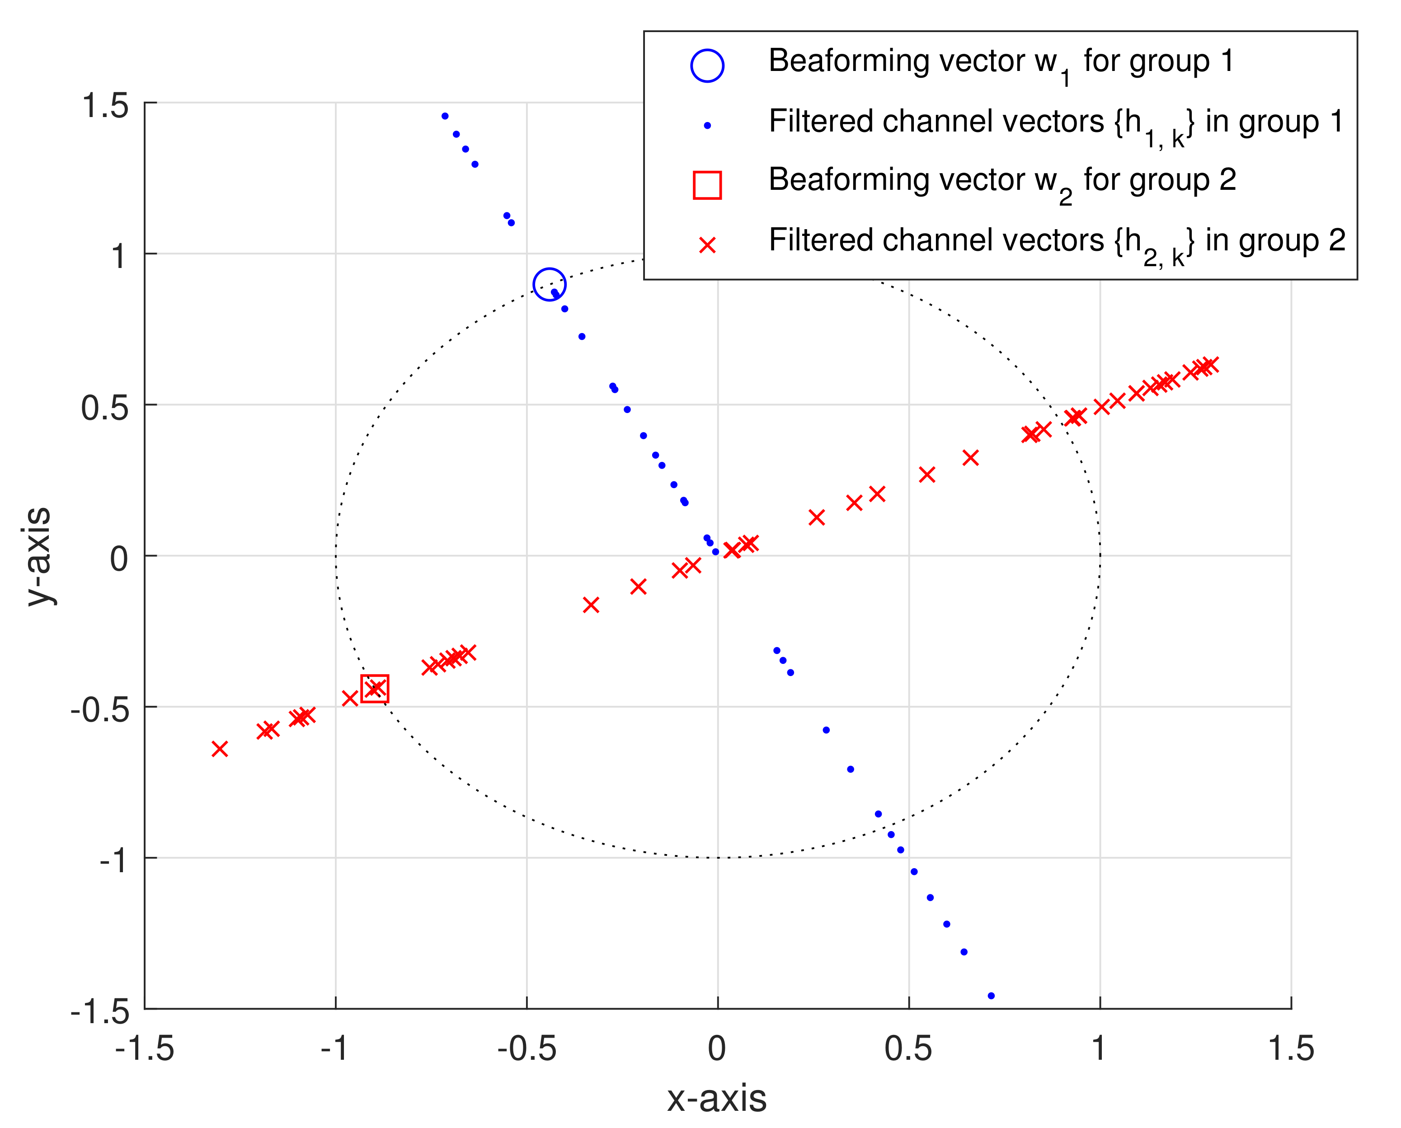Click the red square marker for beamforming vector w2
point(375,689)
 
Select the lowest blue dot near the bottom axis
point(991,996)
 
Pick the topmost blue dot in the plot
point(445,116)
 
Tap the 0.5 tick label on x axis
point(908,1048)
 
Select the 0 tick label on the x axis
point(717,1048)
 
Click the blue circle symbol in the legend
point(707,66)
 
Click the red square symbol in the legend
point(707,184)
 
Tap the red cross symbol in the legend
point(707,245)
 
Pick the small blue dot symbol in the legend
point(707,125)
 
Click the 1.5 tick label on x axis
point(1291,1048)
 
